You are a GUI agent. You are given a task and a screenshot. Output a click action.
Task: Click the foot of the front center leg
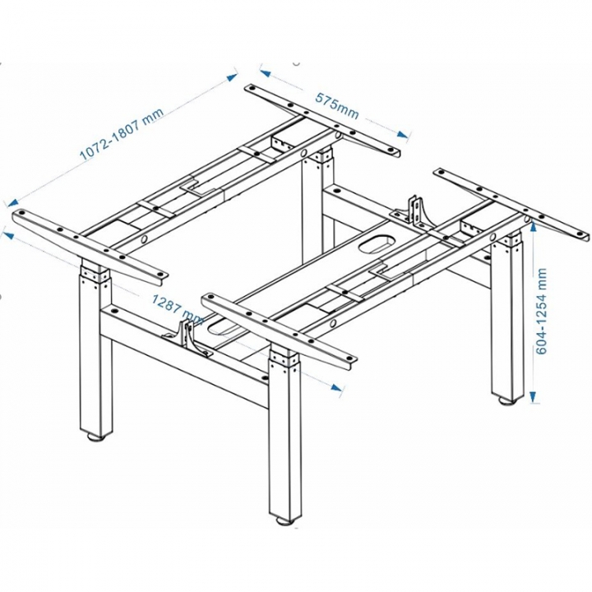click(284, 519)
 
